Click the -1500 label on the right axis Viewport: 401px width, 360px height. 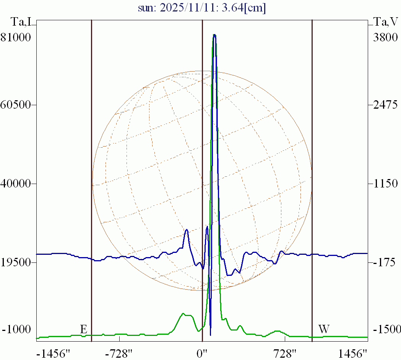pyautogui.click(x=386, y=330)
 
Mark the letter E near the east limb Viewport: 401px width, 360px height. pyautogui.click(x=84, y=329)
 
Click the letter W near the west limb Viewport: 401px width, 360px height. pyautogui.click(x=324, y=329)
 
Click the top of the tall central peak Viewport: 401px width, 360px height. pyautogui.click(x=214, y=35)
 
